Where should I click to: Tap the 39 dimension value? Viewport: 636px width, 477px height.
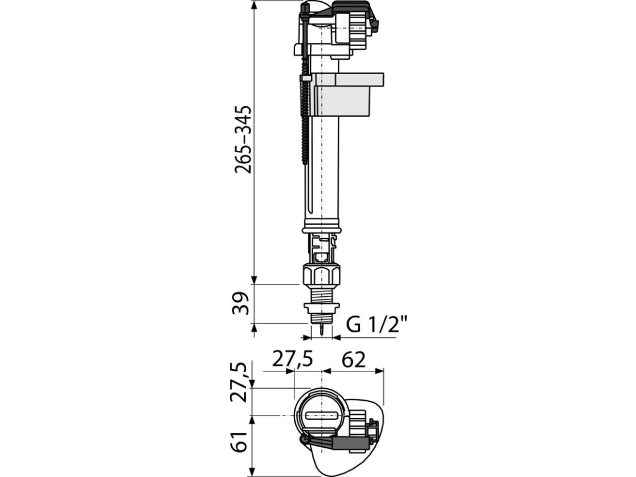243,303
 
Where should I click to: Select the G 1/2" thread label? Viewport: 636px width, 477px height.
376,325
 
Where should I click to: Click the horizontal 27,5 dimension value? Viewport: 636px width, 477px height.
291,360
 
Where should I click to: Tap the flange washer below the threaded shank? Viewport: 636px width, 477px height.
321,307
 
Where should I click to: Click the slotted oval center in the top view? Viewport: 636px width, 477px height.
321,414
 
